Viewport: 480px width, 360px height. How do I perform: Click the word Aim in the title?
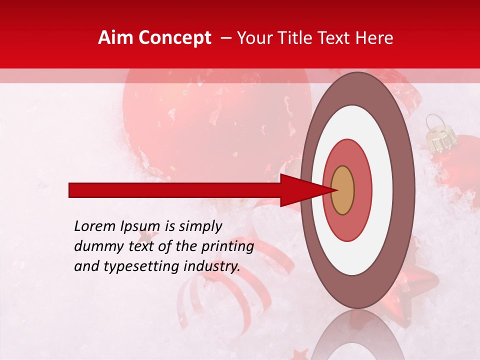115,38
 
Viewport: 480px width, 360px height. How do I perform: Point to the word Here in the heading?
375,38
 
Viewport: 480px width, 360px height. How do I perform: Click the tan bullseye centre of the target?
342,190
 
